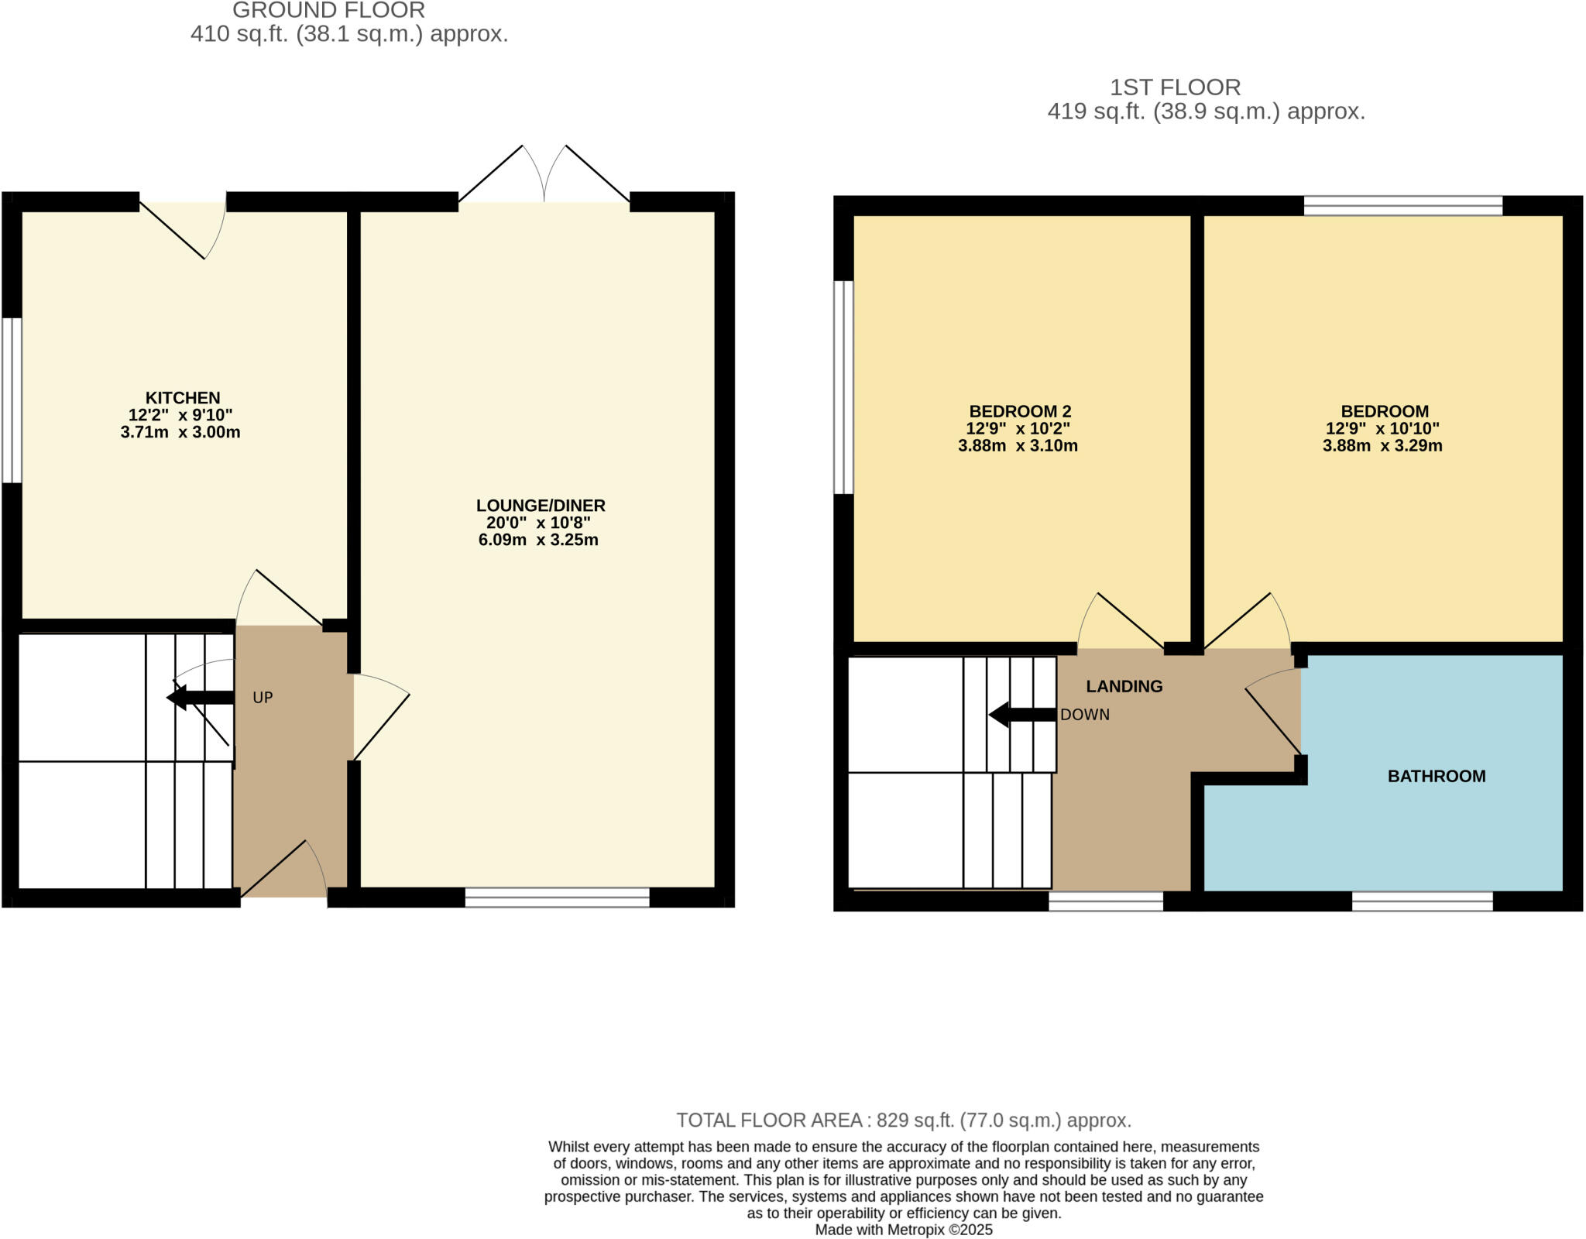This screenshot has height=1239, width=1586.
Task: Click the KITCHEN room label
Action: (x=183, y=398)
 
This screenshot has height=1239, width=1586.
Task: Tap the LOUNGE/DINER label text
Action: (x=540, y=506)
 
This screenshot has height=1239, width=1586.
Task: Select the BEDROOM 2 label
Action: (x=1019, y=411)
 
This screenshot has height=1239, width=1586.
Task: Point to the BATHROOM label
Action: (x=1436, y=776)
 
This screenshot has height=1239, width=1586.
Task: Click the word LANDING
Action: (x=1124, y=686)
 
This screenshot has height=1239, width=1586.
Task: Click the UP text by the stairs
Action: (x=263, y=698)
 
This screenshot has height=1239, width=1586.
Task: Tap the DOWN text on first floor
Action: (x=1084, y=715)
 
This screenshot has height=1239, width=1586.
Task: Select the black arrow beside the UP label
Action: (x=200, y=697)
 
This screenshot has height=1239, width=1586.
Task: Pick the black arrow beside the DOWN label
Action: (x=1022, y=715)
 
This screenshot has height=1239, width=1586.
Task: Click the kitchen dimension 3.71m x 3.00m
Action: (x=180, y=432)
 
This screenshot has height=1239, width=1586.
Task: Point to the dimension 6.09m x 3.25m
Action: (x=538, y=540)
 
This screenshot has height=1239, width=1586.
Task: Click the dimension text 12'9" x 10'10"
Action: (x=1382, y=428)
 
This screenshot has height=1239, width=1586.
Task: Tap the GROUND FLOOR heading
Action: (x=328, y=11)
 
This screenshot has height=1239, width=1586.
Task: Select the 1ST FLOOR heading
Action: (x=1175, y=87)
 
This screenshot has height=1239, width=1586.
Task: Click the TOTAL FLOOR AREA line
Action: (x=903, y=1120)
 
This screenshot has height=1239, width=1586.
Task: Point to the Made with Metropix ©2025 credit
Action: (x=903, y=1229)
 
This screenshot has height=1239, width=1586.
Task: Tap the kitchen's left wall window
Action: (x=12, y=400)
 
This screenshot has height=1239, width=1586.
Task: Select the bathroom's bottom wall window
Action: (x=1422, y=901)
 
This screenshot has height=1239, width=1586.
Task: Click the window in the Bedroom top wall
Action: (x=1402, y=205)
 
